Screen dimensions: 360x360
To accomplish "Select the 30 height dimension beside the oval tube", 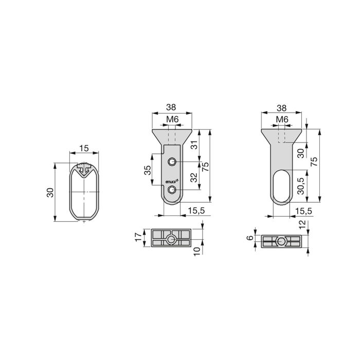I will pos(50,192).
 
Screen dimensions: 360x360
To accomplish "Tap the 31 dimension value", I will pos(194,146).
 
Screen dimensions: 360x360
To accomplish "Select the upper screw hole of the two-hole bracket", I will pos(172,163).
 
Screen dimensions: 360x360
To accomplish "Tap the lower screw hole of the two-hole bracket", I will pos(172,191).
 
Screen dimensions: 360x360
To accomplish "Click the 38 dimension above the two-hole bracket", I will pos(172,108).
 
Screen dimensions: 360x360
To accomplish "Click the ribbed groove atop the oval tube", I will pos(84,168).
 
